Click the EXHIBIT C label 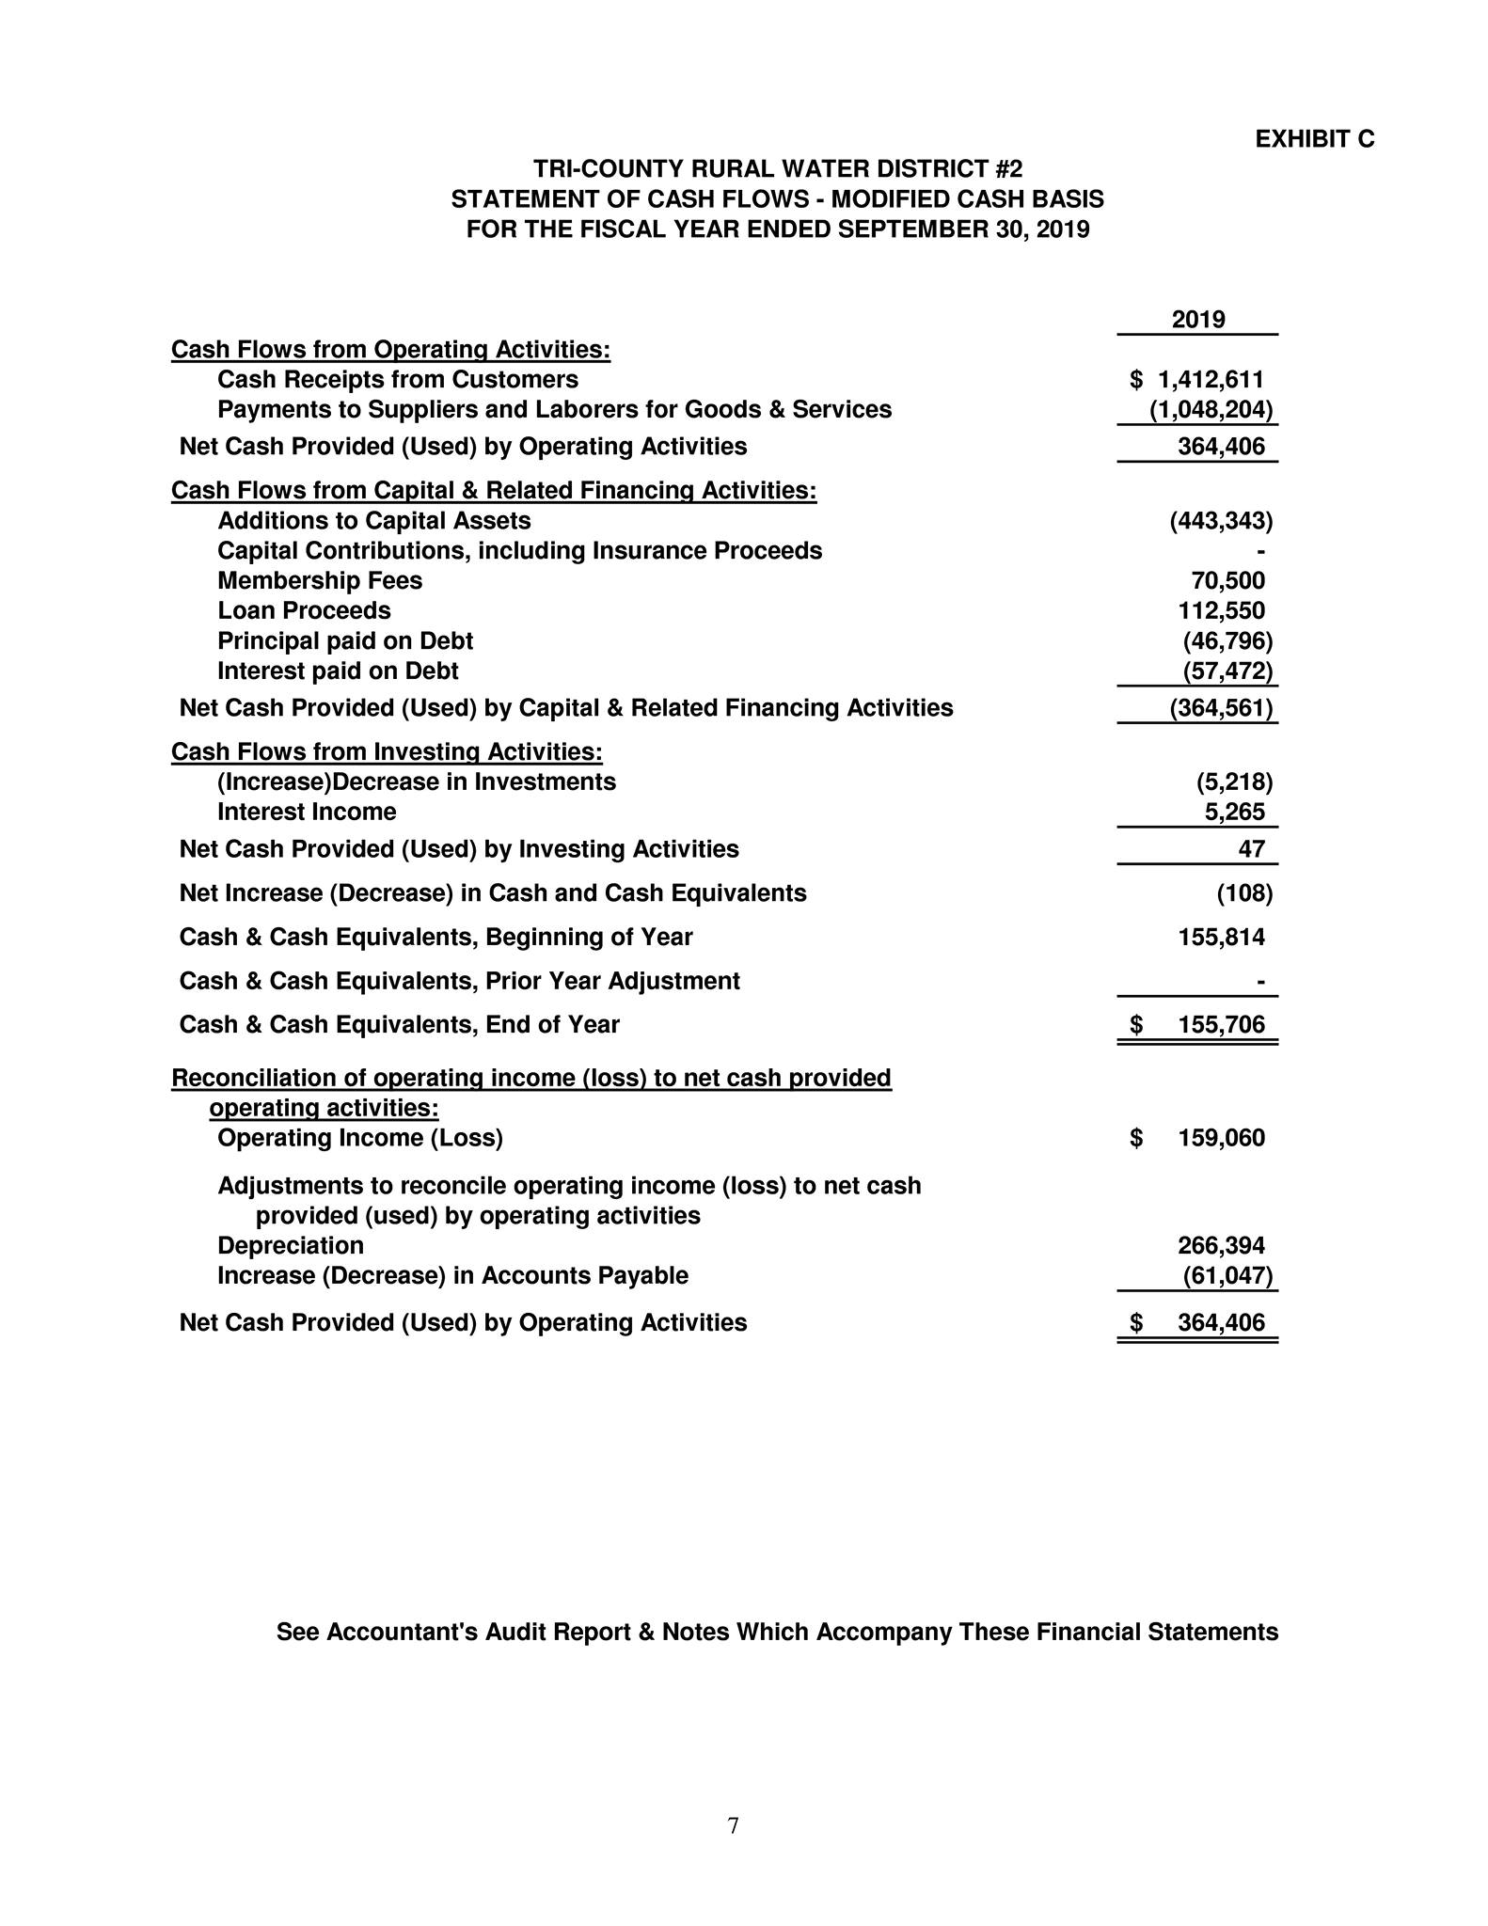(x=1314, y=139)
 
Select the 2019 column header (x=1198, y=320)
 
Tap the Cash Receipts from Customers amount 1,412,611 (x=1211, y=380)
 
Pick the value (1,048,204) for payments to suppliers (x=1211, y=410)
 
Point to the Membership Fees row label (x=320, y=581)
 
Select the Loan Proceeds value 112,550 (x=1221, y=611)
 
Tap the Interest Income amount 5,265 (x=1234, y=812)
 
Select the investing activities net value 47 (x=1251, y=849)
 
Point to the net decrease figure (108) (x=1244, y=893)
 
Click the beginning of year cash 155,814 (x=1221, y=938)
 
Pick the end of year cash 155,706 (x=1221, y=1025)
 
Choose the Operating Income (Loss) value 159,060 (x=1221, y=1139)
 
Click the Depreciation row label (x=291, y=1246)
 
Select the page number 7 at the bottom (x=734, y=1825)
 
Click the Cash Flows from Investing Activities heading (x=387, y=752)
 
